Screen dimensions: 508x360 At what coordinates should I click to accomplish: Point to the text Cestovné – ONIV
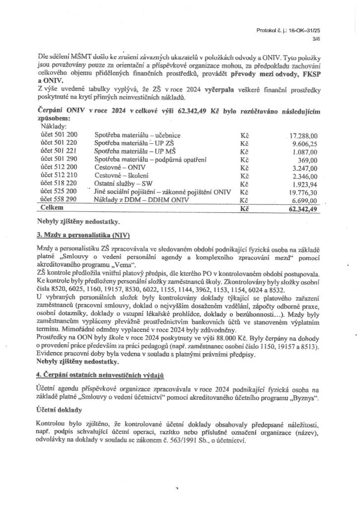117,167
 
